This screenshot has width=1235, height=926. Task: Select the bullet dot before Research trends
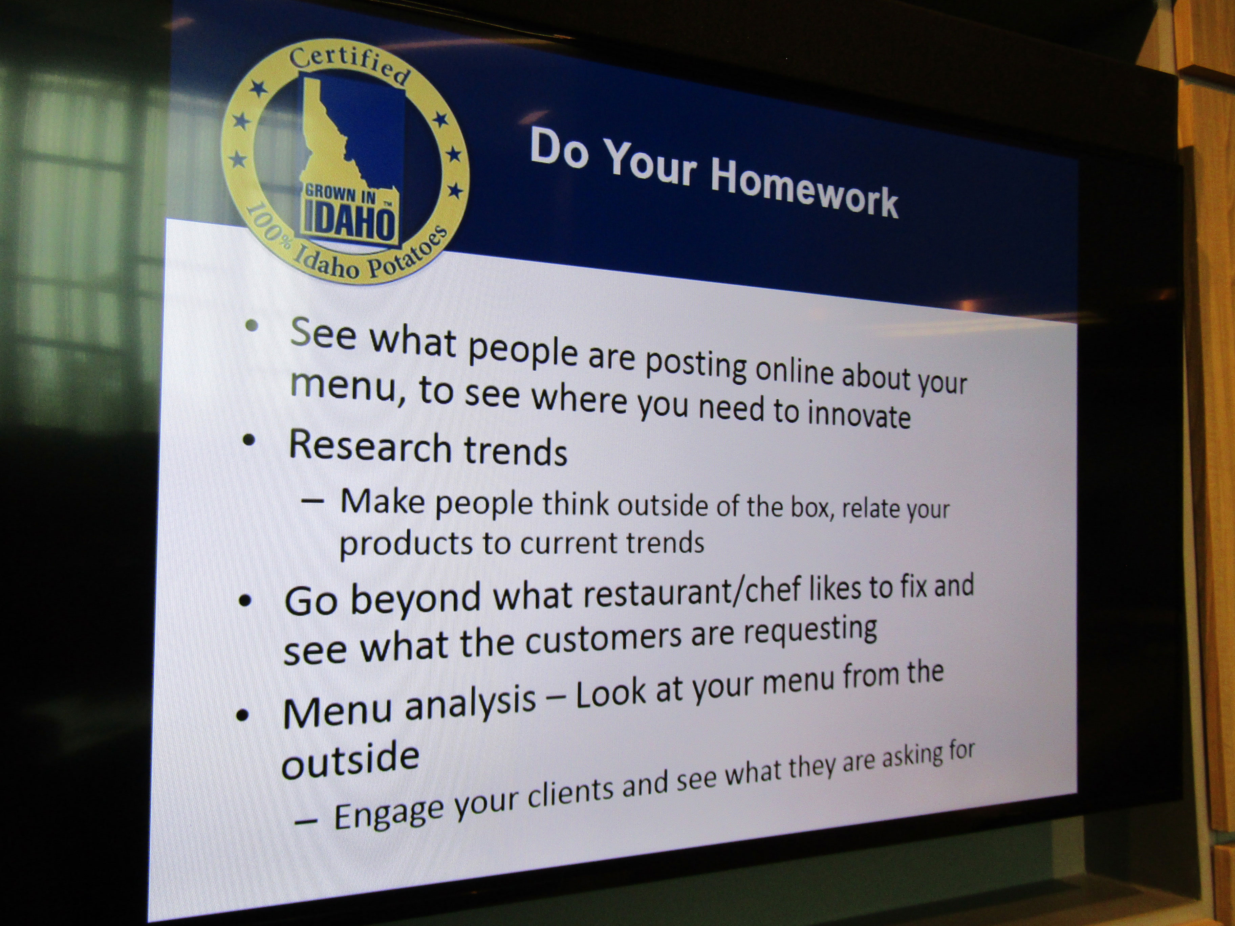coord(249,440)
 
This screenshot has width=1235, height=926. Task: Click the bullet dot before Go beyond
coord(244,601)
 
